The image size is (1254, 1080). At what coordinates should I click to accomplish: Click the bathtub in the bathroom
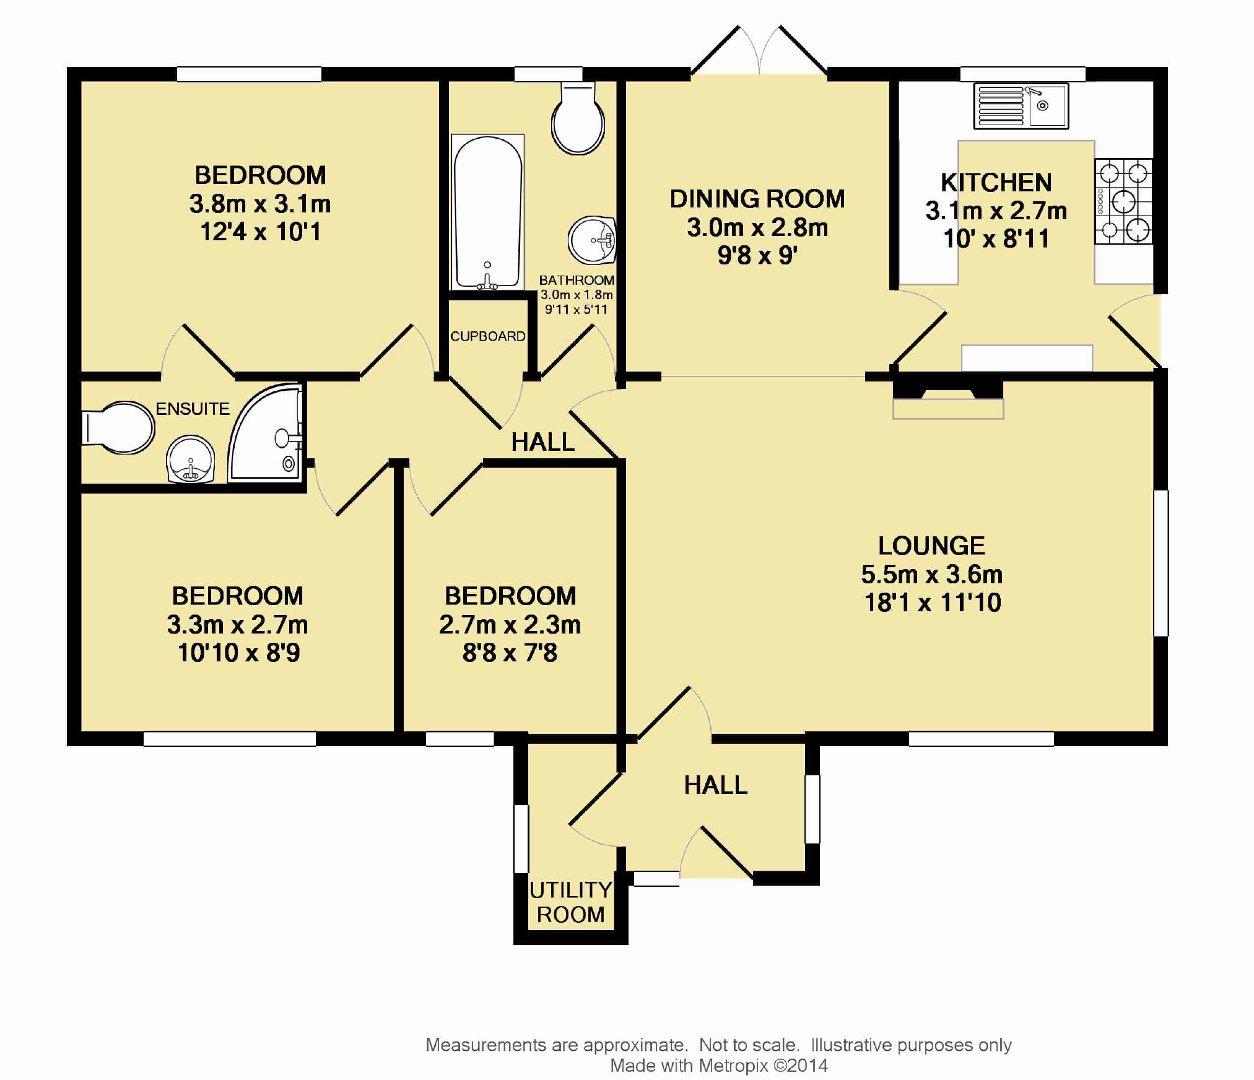point(488,212)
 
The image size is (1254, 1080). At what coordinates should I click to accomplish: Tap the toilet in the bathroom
point(578,118)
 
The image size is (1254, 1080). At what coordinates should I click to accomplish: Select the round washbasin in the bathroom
point(592,240)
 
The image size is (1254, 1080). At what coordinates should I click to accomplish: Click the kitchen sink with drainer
point(1021,106)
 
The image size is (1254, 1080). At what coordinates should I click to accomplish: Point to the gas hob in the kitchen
point(1123,201)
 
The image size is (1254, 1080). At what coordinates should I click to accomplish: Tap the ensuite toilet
point(118,428)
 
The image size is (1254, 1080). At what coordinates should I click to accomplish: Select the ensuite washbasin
point(191,459)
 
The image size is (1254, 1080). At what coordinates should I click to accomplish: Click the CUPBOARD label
point(488,336)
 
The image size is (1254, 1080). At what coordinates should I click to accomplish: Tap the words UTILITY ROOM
point(571,902)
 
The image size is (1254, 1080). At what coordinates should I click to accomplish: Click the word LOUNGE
point(931,546)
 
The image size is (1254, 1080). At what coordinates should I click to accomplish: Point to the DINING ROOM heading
point(757,199)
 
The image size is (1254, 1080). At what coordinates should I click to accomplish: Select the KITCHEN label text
point(996,183)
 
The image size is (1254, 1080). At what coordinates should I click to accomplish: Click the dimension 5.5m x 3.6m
point(932,575)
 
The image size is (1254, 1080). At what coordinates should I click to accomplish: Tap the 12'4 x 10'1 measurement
point(261,232)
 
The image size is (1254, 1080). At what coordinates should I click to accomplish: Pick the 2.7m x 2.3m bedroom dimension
point(510,625)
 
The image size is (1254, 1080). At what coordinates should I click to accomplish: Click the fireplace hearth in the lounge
point(948,409)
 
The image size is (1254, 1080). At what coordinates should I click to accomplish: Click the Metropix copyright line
point(719,1065)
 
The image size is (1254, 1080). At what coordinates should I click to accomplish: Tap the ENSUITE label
point(193,409)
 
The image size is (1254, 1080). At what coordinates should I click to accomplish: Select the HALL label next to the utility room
point(715,785)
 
